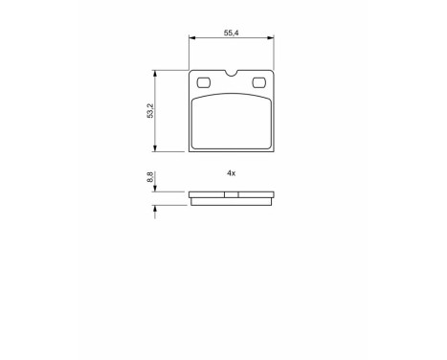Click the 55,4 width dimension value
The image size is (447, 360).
[231, 33]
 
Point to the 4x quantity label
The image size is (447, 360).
[231, 172]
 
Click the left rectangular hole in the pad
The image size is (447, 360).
[204, 83]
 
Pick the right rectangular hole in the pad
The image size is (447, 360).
[258, 83]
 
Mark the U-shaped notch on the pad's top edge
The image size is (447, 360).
[232, 73]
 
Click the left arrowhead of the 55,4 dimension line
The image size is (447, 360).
[192, 38]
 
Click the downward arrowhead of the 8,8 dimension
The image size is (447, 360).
[156, 189]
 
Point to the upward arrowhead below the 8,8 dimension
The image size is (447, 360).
[156, 208]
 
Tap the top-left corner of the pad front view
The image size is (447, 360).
[191, 72]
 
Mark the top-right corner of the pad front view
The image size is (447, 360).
[273, 72]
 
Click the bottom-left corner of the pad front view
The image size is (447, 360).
[191, 151]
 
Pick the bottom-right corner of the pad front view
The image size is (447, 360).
[273, 151]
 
